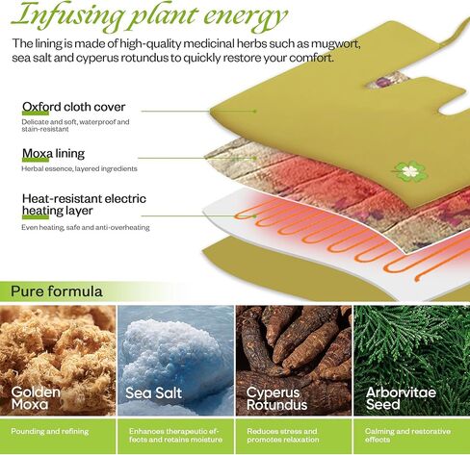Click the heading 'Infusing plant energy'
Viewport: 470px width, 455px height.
149,15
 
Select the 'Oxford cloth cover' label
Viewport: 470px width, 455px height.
73,107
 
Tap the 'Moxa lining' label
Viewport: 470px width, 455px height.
53,154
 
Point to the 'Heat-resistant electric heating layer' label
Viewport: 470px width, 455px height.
84,205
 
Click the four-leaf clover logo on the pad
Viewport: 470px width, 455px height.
410,171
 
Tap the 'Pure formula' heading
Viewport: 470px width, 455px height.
57,291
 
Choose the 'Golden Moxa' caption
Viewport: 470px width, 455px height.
36,398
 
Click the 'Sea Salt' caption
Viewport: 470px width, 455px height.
153,392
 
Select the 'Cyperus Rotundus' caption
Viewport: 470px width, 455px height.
276,398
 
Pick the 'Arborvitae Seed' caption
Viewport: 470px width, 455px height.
401,398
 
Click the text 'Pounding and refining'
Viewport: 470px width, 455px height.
50,431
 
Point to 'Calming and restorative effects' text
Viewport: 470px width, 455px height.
407,435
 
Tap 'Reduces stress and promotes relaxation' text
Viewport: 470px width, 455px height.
283,435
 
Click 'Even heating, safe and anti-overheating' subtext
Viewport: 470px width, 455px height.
86,227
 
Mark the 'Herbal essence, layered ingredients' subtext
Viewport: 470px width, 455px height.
79,168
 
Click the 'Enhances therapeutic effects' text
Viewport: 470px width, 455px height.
175,435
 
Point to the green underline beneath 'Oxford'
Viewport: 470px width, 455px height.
36,113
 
